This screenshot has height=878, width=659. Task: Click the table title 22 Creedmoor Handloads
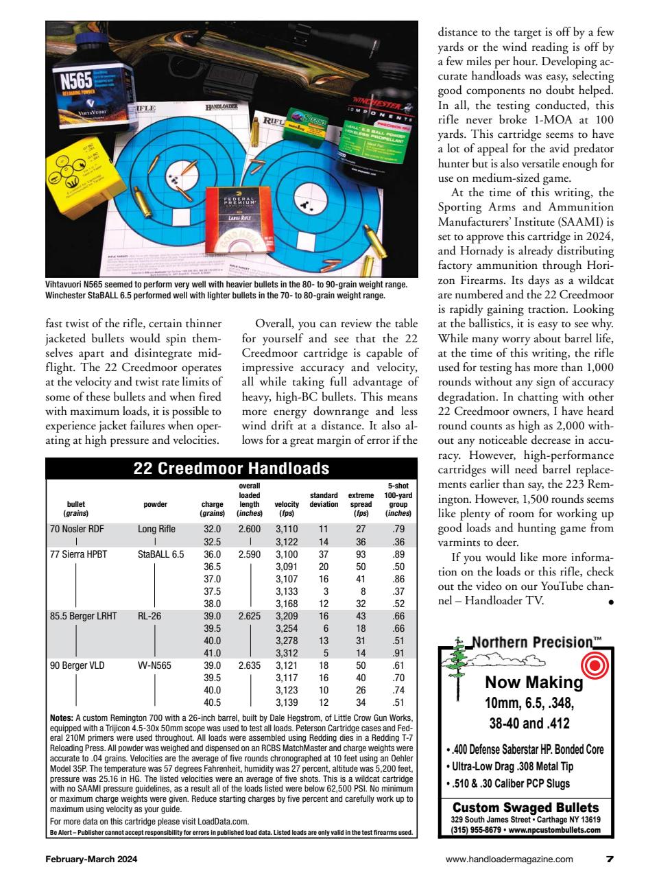coord(231,469)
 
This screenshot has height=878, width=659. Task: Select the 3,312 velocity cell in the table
coord(287,654)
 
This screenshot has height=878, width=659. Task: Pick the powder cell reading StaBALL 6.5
coord(160,554)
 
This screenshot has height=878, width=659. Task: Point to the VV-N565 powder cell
coord(154,665)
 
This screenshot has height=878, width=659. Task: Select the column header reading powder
coord(156,504)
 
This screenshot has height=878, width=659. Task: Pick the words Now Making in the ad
coord(534,682)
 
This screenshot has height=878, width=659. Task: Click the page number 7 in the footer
coord(610,858)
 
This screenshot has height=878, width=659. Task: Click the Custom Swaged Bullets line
coord(525,807)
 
